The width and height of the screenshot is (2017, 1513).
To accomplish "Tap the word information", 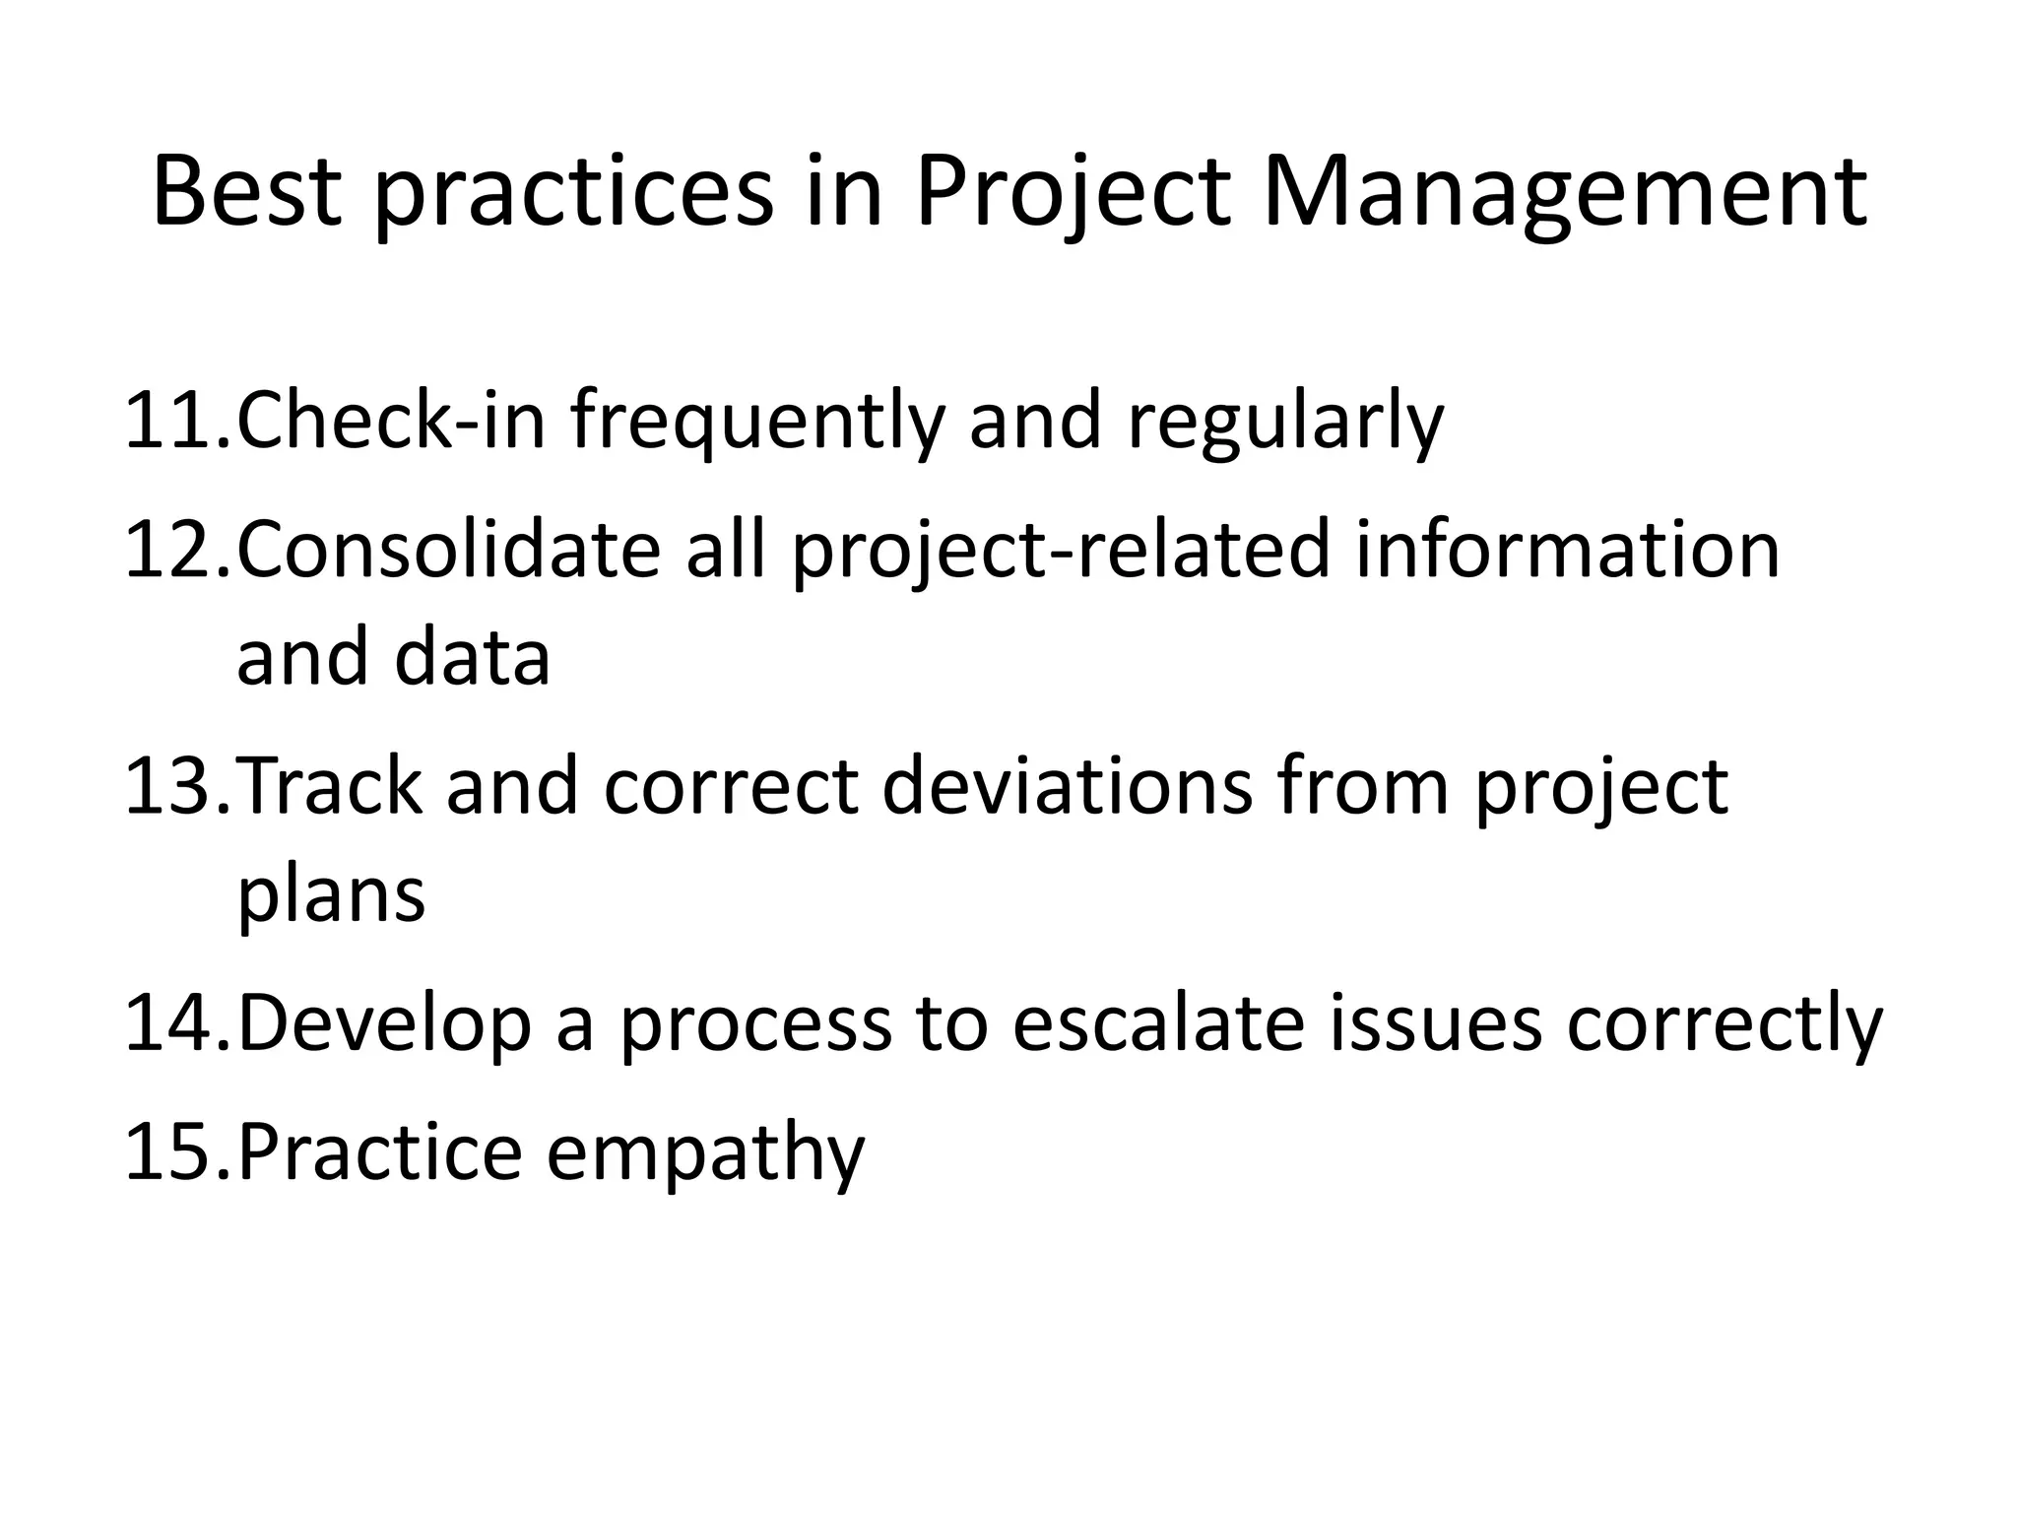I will [x=1567, y=550].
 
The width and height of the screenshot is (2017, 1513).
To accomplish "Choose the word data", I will [x=472, y=658].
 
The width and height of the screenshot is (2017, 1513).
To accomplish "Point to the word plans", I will [x=331, y=896].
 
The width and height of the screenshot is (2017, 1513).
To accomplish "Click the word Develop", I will [x=385, y=1025].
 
